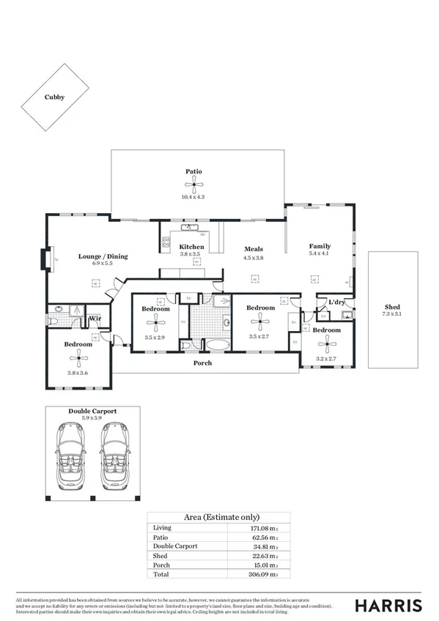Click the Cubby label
pos(54,96)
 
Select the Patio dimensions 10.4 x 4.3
pos(193,197)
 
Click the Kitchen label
pos(192,247)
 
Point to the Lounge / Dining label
pos(103,256)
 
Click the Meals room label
pos(254,249)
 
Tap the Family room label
pos(320,246)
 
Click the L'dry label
pos(336,302)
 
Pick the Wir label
pos(95,319)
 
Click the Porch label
pos(203,362)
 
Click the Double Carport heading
pos(92,412)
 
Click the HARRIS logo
pos(388,605)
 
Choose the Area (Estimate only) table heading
pos(218,517)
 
